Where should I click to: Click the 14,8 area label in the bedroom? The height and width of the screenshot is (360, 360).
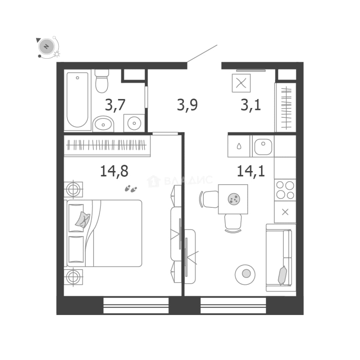[114, 171]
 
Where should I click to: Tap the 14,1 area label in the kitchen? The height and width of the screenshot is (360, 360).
[251, 171]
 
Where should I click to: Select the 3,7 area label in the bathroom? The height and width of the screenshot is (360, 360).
[115, 105]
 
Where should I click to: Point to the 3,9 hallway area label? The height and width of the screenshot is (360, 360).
[187, 105]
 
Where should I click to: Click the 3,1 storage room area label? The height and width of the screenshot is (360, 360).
[251, 105]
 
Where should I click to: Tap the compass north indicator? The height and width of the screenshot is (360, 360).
[47, 47]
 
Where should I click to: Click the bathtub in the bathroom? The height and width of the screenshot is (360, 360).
[77, 100]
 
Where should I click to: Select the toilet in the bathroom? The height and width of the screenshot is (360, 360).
[102, 81]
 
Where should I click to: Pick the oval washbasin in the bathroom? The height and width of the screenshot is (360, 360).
[103, 124]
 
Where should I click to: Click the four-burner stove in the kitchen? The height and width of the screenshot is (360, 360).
[285, 190]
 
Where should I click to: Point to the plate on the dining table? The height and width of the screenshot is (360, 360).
[234, 199]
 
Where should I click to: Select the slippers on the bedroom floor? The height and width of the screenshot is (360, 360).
[131, 189]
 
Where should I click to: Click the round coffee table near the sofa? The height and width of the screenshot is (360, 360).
[245, 274]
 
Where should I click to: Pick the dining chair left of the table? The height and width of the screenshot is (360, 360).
[209, 199]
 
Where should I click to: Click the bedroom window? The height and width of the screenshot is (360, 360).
[136, 305]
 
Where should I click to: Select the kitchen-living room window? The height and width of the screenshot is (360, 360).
[233, 305]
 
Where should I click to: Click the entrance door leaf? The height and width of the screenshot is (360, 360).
[202, 53]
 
